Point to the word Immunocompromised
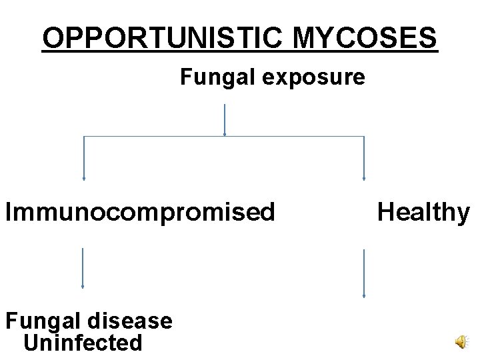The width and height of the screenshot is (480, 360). [x=140, y=212]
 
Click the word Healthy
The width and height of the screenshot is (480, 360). [x=423, y=212]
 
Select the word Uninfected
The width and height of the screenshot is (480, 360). [x=83, y=343]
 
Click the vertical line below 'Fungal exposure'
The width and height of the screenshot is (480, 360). [x=225, y=120]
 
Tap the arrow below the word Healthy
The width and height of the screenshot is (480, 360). [x=364, y=273]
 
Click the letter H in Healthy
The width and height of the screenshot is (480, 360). [x=385, y=212]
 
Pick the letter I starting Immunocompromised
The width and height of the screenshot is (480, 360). [x=9, y=212]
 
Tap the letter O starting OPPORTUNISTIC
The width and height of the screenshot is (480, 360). [x=52, y=39]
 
